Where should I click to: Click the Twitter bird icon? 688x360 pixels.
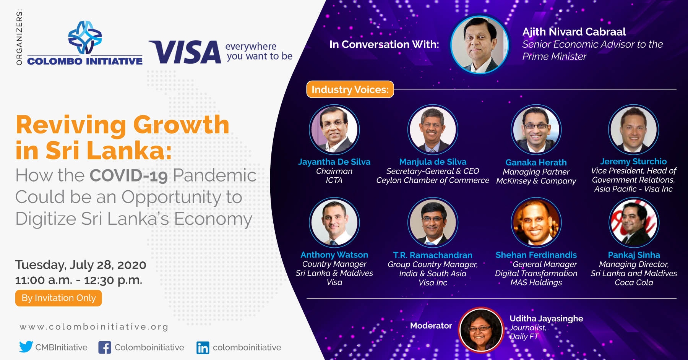pos(26,347)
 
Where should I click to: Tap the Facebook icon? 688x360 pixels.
pos(105,347)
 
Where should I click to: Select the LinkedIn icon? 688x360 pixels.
pos(203,347)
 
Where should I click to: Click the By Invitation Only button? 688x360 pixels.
pos(58,298)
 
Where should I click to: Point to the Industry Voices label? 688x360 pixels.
pos(350,89)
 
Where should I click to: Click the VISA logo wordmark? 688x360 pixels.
pos(185,52)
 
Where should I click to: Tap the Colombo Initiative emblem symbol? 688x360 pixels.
pos(85,37)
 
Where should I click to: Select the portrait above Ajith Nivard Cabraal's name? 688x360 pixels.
pos(480,44)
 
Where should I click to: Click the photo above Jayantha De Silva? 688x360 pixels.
pos(334,130)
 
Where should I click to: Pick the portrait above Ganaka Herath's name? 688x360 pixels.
pos(536,130)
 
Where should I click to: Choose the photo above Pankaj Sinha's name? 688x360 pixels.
pos(634,222)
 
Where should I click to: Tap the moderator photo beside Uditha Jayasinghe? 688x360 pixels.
pos(481,329)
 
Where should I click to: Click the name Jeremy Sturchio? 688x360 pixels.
pos(633,161)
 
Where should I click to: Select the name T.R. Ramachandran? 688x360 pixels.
pos(433,255)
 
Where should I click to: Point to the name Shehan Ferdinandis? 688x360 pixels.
pos(536,255)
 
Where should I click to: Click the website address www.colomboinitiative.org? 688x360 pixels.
pos(94,327)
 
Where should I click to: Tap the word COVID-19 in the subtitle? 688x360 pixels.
pos(128,176)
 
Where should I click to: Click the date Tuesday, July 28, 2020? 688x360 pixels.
pos(81,265)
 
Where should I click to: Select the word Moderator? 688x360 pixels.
pos(431,326)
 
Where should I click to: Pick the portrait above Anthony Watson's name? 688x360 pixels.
pos(334,222)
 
